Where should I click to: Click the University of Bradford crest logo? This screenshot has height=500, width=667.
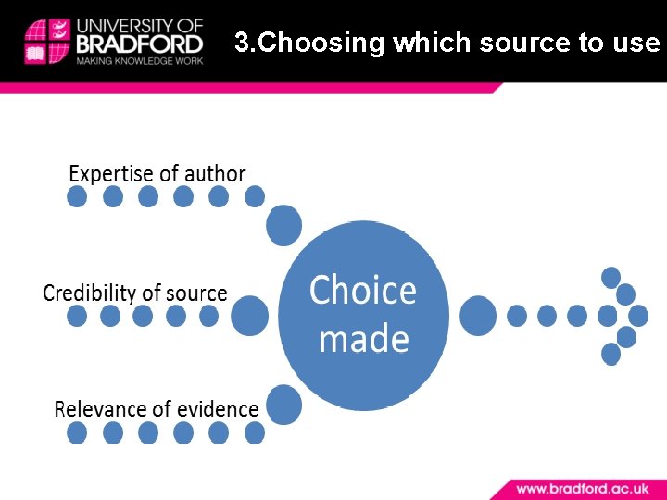click(x=47, y=41)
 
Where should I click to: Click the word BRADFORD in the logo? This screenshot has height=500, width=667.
click(x=141, y=44)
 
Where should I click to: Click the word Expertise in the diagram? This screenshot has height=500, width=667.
click(x=109, y=174)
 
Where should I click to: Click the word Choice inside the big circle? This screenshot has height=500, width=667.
click(x=363, y=290)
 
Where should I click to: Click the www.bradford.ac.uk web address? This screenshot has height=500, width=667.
click(x=582, y=488)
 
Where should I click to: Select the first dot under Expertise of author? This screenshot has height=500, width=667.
click(x=77, y=196)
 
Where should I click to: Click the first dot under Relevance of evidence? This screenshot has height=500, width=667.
click(x=77, y=432)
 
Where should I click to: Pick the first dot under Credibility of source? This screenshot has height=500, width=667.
click(x=77, y=316)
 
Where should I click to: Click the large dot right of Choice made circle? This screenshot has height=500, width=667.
click(x=478, y=316)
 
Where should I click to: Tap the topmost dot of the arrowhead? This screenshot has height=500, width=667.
click(x=610, y=277)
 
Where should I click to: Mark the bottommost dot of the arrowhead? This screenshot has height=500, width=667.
click(x=610, y=354)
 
